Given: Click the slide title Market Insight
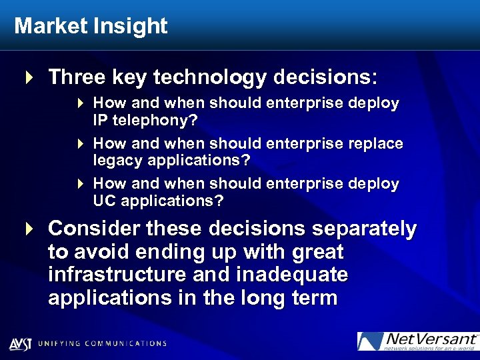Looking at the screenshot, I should click(x=91, y=26).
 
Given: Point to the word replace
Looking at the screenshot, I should click(x=376, y=143).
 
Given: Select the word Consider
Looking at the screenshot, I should click(x=95, y=229).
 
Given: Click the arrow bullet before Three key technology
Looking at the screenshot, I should click(x=29, y=78).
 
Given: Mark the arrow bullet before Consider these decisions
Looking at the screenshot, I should click(x=29, y=229).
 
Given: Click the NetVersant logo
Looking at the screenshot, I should click(x=417, y=341).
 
